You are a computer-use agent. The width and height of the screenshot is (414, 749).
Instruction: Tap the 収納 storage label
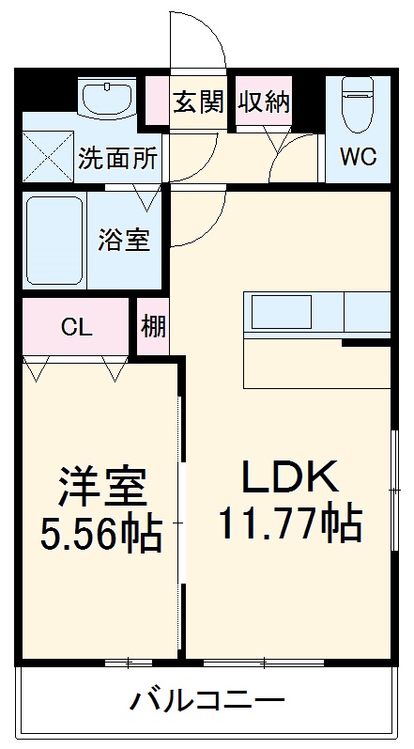pos(264,101)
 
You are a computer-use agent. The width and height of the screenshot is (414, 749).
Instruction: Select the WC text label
pos(358,157)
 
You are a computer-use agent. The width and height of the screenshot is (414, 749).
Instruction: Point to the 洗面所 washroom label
pos(117,158)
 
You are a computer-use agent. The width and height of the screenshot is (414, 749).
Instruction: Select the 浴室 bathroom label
pos(123,239)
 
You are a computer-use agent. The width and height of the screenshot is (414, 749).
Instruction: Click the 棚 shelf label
pos(153,327)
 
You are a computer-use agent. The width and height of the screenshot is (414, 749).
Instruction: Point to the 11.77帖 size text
pos(289,523)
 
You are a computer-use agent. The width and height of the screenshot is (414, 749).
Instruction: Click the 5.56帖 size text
pos(100,535)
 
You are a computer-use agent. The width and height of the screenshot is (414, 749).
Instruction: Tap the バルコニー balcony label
pos(207,700)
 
